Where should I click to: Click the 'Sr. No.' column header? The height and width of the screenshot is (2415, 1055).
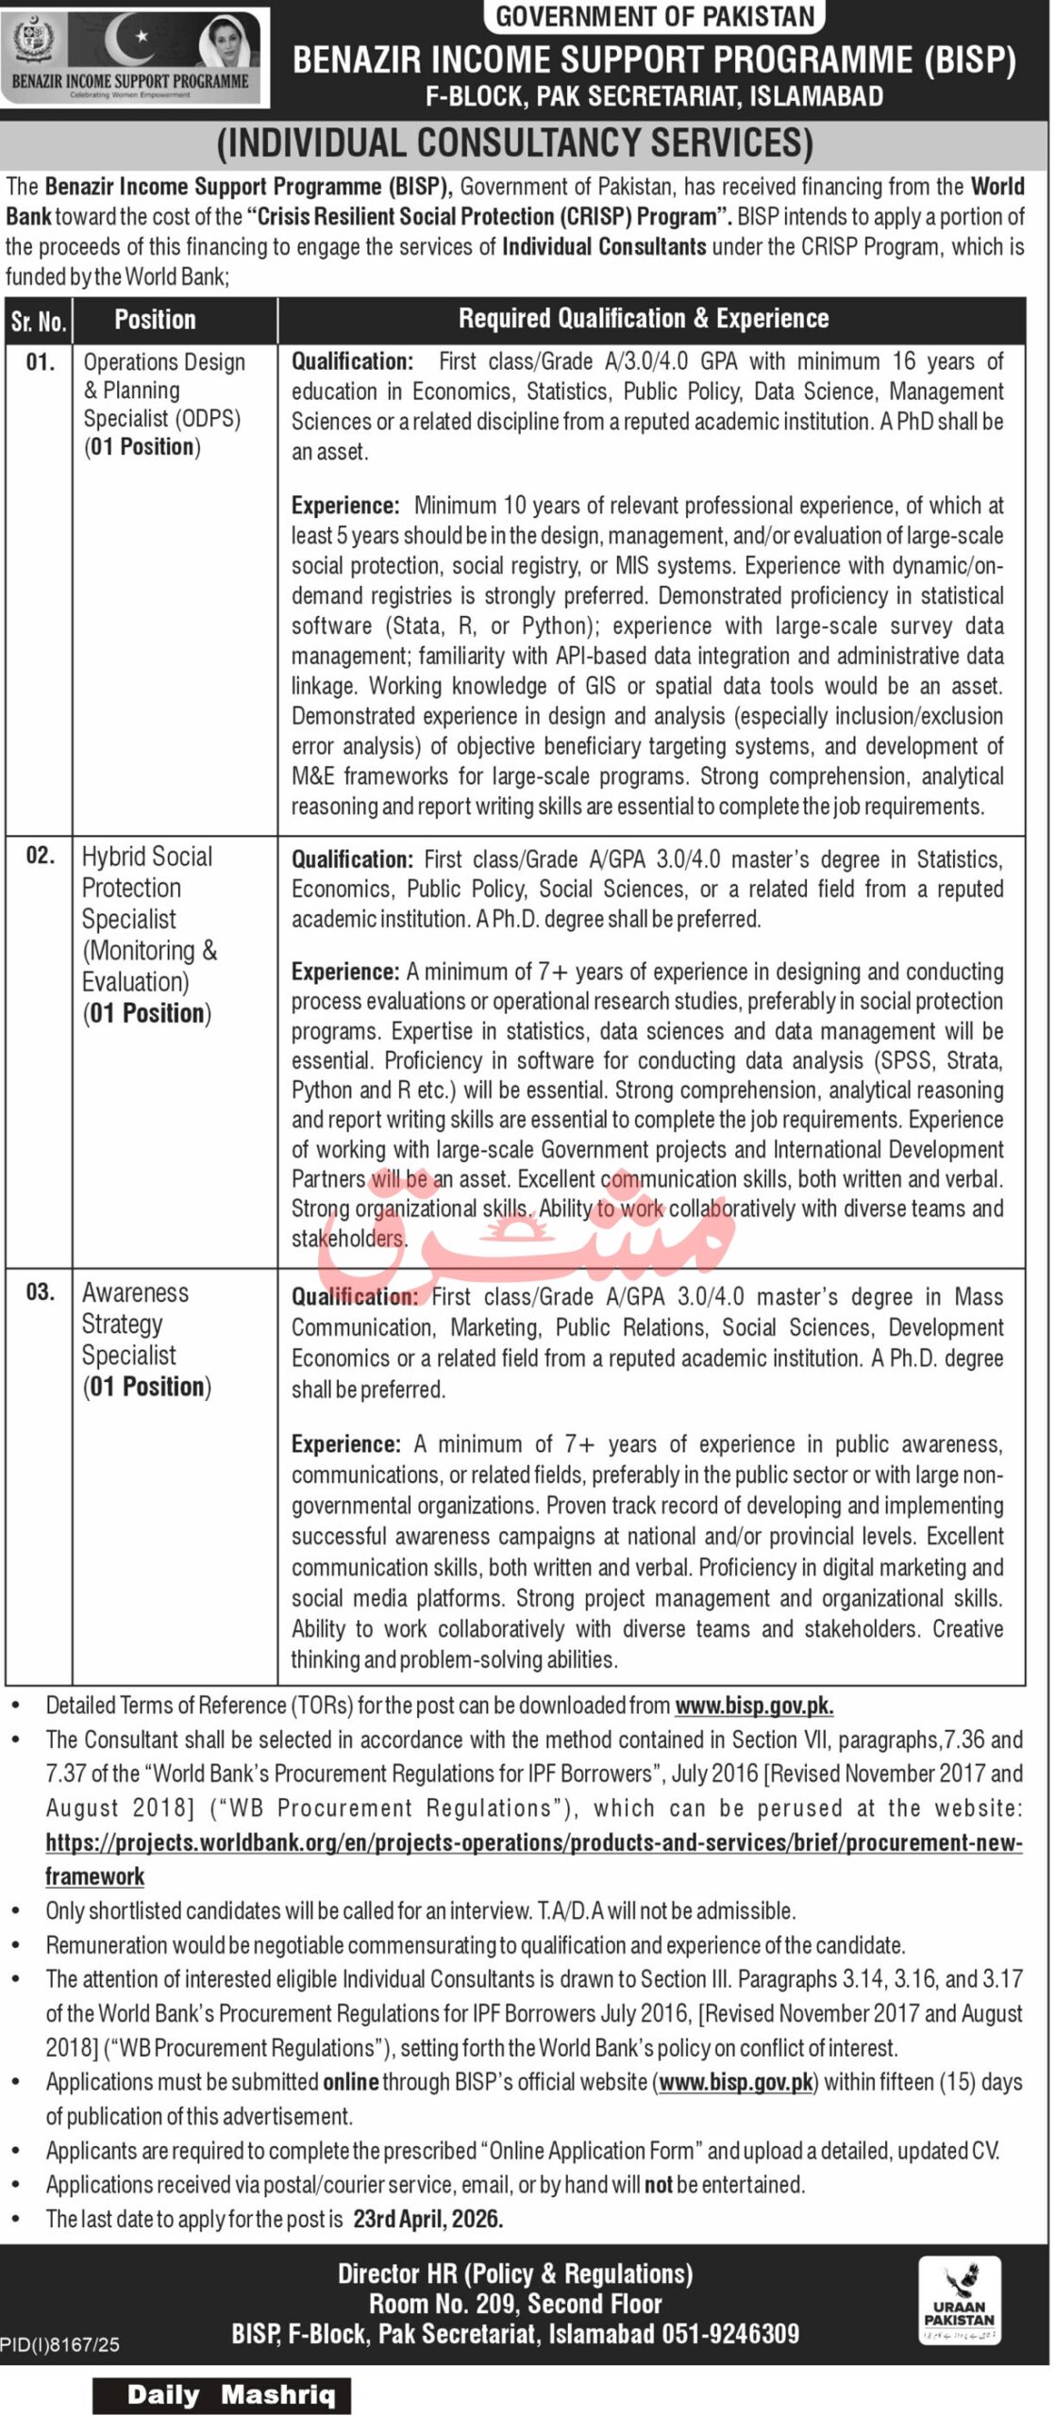click(x=39, y=321)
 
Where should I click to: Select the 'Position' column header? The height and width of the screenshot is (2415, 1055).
click(x=155, y=320)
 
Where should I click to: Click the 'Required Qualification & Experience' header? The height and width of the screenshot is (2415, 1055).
click(x=644, y=319)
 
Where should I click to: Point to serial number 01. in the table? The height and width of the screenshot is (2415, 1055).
click(x=40, y=362)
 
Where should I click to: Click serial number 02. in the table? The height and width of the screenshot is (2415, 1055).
click(x=40, y=856)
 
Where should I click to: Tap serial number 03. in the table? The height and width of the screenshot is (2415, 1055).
click(x=40, y=1291)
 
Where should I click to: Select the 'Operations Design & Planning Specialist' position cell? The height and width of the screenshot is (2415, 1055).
click(x=162, y=404)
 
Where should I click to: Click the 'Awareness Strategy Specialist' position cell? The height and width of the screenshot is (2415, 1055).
click(x=146, y=1339)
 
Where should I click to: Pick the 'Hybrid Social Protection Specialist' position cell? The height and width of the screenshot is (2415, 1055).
click(x=148, y=934)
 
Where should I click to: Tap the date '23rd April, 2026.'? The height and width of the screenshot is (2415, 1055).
click(x=428, y=2219)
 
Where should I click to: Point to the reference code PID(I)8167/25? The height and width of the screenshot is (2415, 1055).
click(x=60, y=2344)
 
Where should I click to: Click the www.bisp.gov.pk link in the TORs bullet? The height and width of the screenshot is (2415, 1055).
click(x=754, y=1706)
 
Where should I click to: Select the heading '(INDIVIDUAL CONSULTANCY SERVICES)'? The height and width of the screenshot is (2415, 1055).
click(x=515, y=142)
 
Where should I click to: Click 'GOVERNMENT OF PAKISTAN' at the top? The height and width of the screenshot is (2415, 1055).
click(x=655, y=16)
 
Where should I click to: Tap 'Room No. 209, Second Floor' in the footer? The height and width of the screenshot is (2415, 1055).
click(x=515, y=2304)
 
